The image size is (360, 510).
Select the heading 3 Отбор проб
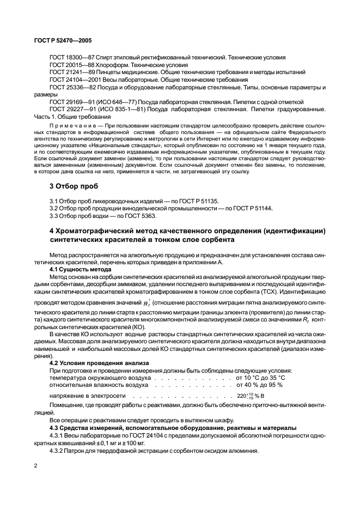(x=74, y=186)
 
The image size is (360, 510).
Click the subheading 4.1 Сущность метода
(x=80, y=269)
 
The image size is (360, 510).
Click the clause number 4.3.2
(x=58, y=451)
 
